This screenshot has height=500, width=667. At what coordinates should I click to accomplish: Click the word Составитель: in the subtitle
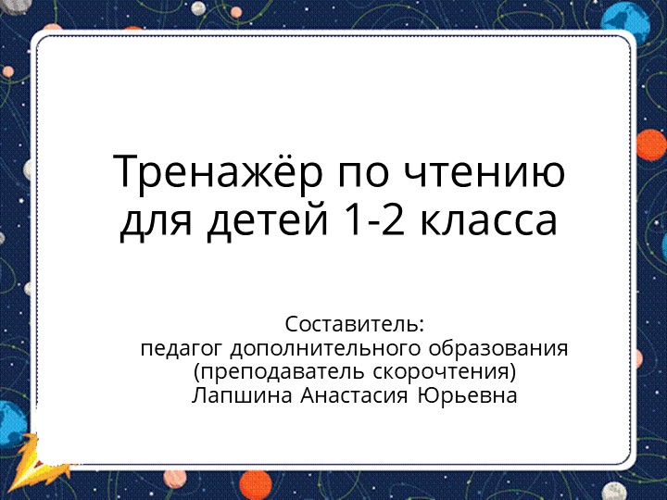point(354,325)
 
